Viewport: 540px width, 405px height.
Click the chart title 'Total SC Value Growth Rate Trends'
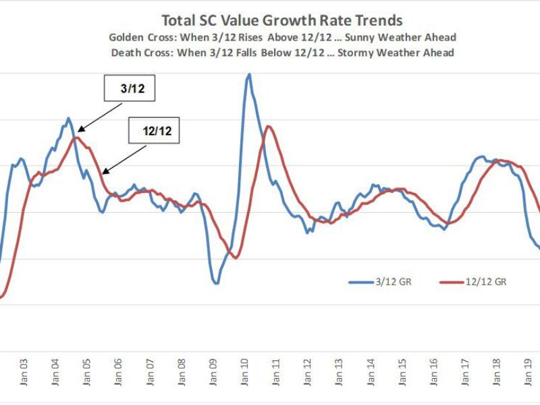[x=281, y=21]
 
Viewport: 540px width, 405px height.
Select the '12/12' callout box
[x=154, y=132]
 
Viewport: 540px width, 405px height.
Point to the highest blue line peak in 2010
[x=248, y=74]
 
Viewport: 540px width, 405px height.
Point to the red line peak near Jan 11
[x=269, y=126]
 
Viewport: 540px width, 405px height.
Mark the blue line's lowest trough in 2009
[x=216, y=283]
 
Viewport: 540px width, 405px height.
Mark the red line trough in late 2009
[x=236, y=257]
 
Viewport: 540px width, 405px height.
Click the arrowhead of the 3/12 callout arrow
[x=78, y=130]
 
